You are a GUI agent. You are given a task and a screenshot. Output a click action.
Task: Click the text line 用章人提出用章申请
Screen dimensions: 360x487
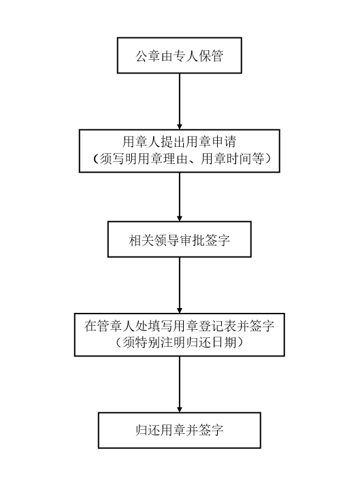tap(180, 141)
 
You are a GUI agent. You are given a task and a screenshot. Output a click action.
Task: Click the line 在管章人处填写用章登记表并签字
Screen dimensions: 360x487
tap(180, 326)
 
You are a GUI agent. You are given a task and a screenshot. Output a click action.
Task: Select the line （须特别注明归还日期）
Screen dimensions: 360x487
tap(180, 343)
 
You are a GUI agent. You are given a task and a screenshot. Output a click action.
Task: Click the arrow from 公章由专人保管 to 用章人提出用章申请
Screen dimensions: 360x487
tap(180, 101)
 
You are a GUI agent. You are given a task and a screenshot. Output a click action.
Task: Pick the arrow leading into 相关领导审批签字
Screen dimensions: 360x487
tap(180, 197)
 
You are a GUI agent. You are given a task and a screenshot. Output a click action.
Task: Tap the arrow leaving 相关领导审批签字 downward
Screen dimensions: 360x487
tap(180, 285)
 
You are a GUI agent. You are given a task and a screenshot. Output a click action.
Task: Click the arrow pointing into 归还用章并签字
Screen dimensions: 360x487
tap(180, 384)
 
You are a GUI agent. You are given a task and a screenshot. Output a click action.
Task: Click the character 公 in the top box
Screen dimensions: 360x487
tap(142, 56)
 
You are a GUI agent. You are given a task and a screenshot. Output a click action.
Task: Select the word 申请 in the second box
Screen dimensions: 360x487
tap(224, 141)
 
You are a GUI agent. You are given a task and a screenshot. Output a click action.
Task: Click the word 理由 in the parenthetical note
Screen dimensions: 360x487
tap(176, 158)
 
